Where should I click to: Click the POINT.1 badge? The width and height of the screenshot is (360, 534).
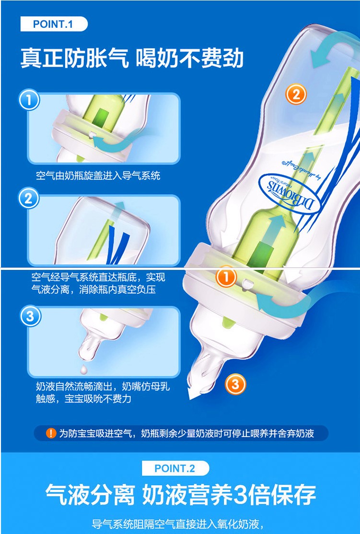click(54, 24)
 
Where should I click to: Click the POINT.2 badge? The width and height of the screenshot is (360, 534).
click(175, 468)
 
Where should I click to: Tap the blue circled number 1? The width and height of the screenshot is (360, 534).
click(29, 101)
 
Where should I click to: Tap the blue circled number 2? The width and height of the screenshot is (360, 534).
click(29, 198)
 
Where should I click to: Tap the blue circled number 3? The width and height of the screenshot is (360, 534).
click(30, 316)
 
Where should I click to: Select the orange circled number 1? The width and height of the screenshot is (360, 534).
click(226, 277)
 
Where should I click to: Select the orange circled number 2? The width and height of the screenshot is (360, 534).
click(296, 93)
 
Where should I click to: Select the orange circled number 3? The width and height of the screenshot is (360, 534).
click(235, 384)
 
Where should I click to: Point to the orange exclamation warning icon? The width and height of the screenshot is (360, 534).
click(51, 433)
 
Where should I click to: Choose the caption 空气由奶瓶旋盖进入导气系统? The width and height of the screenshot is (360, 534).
click(98, 176)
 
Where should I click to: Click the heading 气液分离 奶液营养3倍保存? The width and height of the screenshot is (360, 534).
click(181, 495)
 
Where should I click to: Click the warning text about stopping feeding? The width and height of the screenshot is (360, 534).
click(186, 433)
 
